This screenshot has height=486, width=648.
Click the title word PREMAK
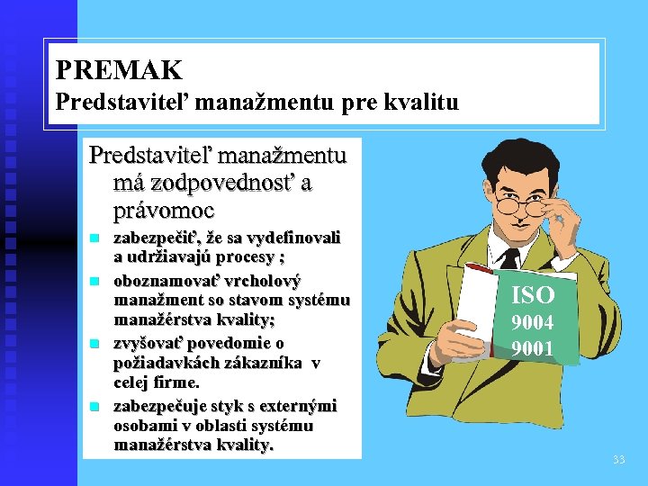coord(119,69)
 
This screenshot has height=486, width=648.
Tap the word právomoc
coord(164,211)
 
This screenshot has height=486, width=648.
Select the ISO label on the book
coord(533,295)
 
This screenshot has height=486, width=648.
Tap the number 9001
coord(533,348)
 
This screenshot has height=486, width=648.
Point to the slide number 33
coord(618,460)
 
